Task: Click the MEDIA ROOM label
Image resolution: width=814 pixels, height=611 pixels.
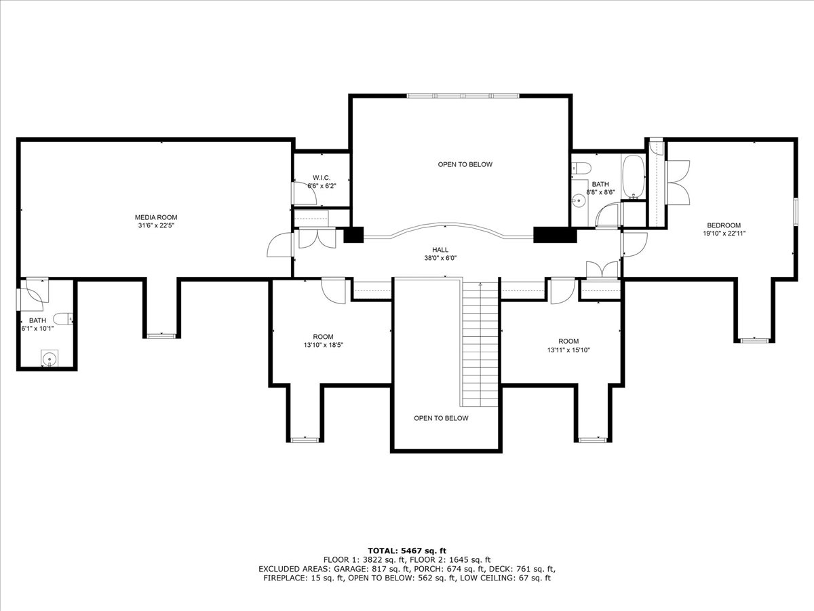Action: pyautogui.click(x=156, y=217)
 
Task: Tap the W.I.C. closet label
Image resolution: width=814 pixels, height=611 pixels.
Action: pyautogui.click(x=321, y=178)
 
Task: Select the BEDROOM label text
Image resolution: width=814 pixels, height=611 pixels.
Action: pyautogui.click(x=724, y=225)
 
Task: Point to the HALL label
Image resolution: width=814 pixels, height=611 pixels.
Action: pyautogui.click(x=440, y=250)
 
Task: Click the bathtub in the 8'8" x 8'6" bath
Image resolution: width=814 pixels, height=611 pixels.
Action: pyautogui.click(x=634, y=177)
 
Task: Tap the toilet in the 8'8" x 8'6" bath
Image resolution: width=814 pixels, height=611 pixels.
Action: pyautogui.click(x=581, y=168)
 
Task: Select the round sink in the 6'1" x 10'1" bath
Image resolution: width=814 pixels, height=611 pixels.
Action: pyautogui.click(x=50, y=358)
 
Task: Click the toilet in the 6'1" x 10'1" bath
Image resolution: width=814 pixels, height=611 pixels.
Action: pyautogui.click(x=63, y=318)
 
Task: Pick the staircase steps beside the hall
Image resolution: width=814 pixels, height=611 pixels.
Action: pyautogui.click(x=480, y=343)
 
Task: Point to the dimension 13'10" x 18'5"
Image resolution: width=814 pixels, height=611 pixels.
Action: pyautogui.click(x=323, y=345)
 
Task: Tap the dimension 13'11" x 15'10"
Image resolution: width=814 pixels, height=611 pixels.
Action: pyautogui.click(x=568, y=350)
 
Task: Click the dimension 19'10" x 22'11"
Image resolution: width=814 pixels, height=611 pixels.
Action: pyautogui.click(x=724, y=234)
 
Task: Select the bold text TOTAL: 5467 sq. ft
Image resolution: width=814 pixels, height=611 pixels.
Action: pyautogui.click(x=407, y=551)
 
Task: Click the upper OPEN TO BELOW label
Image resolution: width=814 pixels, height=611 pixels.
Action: pyautogui.click(x=465, y=164)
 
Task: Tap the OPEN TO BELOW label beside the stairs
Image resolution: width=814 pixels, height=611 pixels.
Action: pyautogui.click(x=441, y=418)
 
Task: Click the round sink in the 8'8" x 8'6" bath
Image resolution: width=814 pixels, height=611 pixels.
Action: pyautogui.click(x=578, y=201)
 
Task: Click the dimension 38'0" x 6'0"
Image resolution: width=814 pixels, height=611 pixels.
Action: pyautogui.click(x=440, y=258)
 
